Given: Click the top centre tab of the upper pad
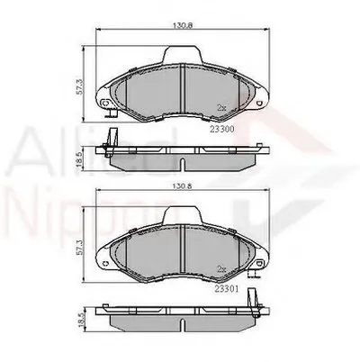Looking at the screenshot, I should pos(183,56).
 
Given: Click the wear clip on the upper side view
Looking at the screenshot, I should pos(111,140).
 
